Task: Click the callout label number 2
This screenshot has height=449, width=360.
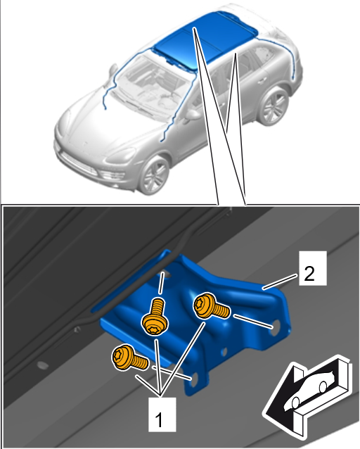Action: (x=313, y=268)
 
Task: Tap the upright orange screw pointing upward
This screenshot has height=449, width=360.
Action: (x=155, y=317)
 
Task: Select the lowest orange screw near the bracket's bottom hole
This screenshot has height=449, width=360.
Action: (x=130, y=358)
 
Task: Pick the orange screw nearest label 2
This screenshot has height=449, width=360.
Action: (x=212, y=306)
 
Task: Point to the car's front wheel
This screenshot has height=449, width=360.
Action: (x=155, y=175)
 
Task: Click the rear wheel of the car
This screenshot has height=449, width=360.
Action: (x=274, y=106)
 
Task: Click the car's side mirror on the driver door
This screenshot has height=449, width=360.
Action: (x=193, y=115)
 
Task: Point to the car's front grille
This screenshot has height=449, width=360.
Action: (x=79, y=165)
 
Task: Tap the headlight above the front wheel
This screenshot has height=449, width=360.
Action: (x=121, y=156)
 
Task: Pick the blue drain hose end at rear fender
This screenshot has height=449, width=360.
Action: (x=292, y=77)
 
